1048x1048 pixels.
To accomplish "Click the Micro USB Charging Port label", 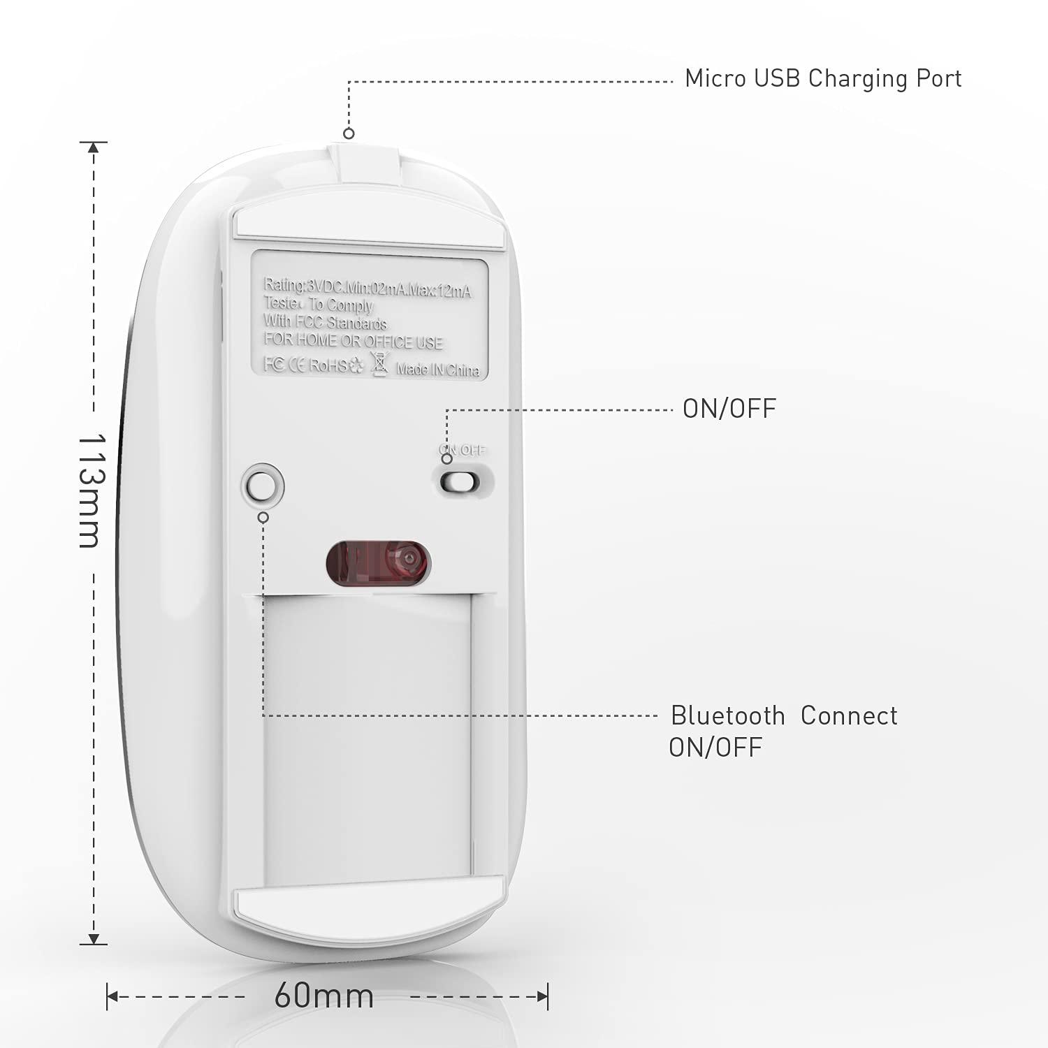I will point(822,78).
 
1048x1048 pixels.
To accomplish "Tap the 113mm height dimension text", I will point(90,490).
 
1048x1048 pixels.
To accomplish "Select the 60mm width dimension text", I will point(323,995).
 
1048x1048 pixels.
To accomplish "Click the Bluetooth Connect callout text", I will point(783,716).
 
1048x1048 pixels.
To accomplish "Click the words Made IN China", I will point(438,370).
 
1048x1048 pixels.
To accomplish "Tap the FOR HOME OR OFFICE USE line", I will point(354,342).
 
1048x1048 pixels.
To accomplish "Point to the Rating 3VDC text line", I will point(367,287).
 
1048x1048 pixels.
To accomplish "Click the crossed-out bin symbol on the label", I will point(379,364).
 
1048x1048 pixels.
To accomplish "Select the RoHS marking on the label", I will point(328,365).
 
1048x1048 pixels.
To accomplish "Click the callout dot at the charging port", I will point(349,133).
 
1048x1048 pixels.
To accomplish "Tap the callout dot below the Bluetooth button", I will point(263,517).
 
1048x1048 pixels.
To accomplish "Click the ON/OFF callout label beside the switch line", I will point(729,409).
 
